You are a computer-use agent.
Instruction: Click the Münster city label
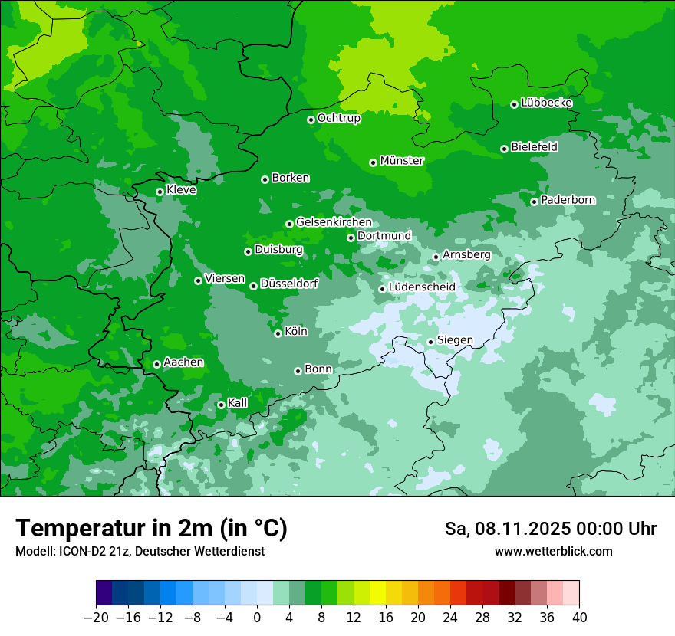pyautogui.click(x=402, y=161)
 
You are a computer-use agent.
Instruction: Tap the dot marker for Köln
pyautogui.click(x=278, y=333)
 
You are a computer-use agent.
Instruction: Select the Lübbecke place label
pyautogui.click(x=546, y=103)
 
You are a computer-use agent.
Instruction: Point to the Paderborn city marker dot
pyautogui.click(x=535, y=202)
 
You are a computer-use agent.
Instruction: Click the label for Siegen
pyautogui.click(x=455, y=340)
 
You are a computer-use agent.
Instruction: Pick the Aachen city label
pyautogui.click(x=183, y=362)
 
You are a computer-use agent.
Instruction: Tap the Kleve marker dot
pyautogui.click(x=160, y=192)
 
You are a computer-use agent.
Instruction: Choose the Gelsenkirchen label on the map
pyautogui.click(x=334, y=222)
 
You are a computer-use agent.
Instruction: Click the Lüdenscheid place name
pyautogui.click(x=422, y=287)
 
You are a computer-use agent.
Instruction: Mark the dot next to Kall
pyautogui.click(x=221, y=405)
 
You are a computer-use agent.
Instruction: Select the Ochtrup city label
pyautogui.click(x=339, y=118)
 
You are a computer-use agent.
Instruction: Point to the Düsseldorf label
pyautogui.click(x=289, y=284)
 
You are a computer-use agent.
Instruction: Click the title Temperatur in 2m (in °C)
pyautogui.click(x=151, y=528)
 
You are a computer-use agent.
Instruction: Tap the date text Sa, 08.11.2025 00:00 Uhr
pyautogui.click(x=550, y=529)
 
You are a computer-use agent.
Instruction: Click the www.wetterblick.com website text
pyautogui.click(x=553, y=551)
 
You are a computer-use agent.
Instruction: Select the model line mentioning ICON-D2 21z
pyautogui.click(x=140, y=551)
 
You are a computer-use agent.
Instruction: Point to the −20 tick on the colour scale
pyautogui.click(x=96, y=618)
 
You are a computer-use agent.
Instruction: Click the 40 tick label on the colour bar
pyautogui.click(x=579, y=618)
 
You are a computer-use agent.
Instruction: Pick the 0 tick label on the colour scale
pyautogui.click(x=257, y=618)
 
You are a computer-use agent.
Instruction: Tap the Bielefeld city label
pyautogui.click(x=534, y=146)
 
